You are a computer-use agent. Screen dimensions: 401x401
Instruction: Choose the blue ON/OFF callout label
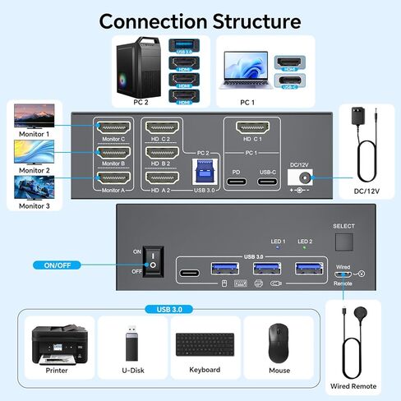(x=61, y=265)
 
